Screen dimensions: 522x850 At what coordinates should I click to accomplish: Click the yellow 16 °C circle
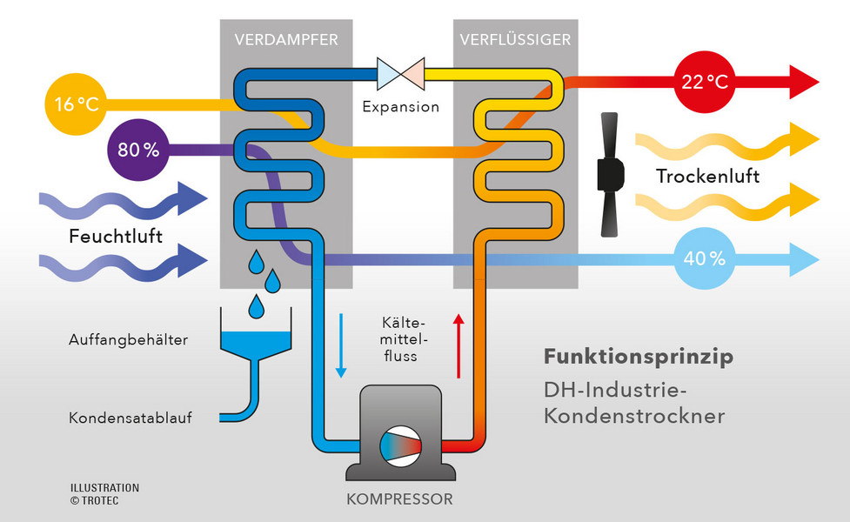(77, 106)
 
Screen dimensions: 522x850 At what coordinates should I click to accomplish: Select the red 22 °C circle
(704, 83)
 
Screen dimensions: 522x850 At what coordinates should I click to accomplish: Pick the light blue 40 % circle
(704, 258)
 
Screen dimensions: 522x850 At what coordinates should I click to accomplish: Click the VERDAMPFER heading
(286, 39)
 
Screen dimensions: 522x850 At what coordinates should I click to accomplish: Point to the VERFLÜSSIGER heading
(515, 39)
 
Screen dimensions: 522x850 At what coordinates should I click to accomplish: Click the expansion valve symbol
(400, 74)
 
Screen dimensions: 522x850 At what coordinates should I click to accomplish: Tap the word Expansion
(400, 108)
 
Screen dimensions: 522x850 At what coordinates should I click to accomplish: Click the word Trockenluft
(707, 177)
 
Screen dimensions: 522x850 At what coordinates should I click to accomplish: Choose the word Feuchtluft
(116, 237)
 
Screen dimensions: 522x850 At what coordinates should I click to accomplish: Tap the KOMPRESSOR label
(399, 500)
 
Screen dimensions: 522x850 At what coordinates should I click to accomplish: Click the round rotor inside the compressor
(400, 444)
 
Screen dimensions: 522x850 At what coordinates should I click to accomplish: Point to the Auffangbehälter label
(128, 339)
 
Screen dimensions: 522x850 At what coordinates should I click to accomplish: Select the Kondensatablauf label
(131, 418)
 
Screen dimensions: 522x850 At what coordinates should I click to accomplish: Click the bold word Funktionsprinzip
(638, 357)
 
